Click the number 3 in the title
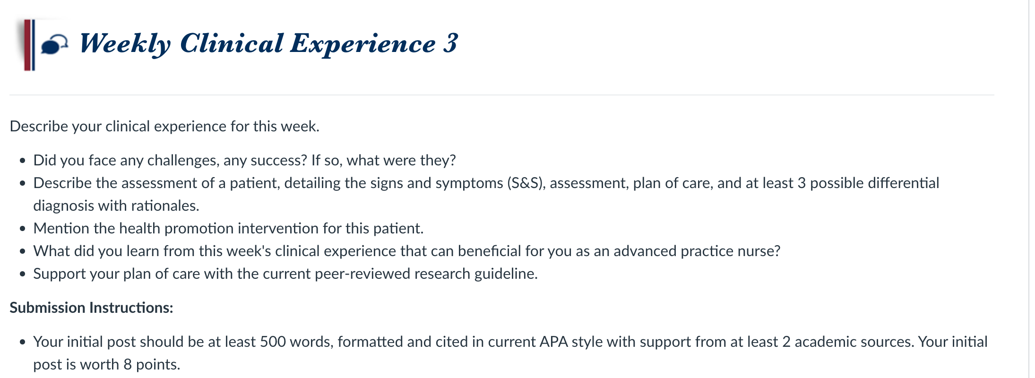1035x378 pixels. coord(450,43)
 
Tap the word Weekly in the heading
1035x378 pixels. coord(125,44)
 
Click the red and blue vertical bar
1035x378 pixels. coord(29,45)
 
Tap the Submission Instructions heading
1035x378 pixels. coord(91,308)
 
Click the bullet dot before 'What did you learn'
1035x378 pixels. coord(22,252)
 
